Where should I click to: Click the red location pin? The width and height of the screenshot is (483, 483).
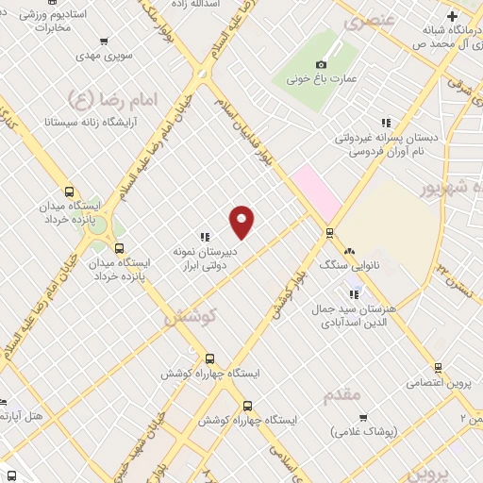tap(242, 221)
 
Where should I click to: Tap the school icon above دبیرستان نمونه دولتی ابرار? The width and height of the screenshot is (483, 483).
tap(204, 237)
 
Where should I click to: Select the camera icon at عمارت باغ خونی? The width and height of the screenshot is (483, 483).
tap(323, 64)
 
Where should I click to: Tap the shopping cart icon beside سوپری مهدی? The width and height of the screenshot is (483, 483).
tap(101, 42)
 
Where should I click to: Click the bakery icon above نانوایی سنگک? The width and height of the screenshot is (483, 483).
tap(349, 252)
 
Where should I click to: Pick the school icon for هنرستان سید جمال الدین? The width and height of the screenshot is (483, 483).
tap(355, 294)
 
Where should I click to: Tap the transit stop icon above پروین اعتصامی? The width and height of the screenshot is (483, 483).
tap(438, 368)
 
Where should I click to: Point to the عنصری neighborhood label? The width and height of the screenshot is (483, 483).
tap(365, 21)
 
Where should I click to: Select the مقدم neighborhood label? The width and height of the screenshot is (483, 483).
tap(341, 394)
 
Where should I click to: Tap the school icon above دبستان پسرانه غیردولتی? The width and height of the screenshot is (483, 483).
tap(385, 122)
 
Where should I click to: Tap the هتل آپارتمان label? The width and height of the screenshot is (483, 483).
tap(24, 415)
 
